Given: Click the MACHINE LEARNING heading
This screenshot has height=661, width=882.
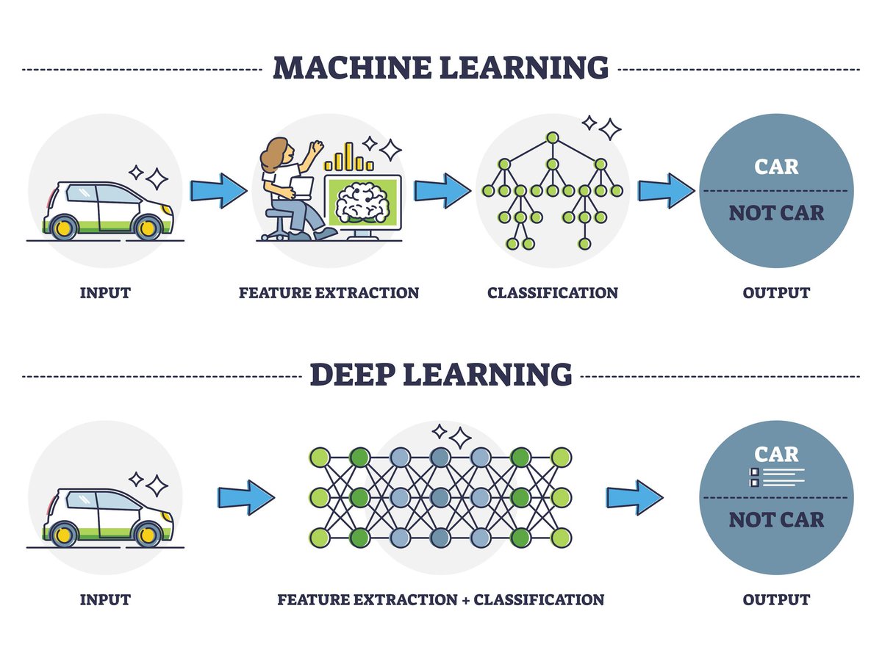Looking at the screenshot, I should pyautogui.click(x=440, y=67).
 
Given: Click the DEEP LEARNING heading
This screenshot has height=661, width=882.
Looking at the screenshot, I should pyautogui.click(x=440, y=374).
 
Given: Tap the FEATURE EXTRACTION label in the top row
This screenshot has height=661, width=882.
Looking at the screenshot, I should pyautogui.click(x=329, y=293).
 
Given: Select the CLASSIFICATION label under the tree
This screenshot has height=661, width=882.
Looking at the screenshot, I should pyautogui.click(x=552, y=293).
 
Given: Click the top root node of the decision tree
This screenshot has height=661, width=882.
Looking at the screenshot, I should pyautogui.click(x=552, y=137).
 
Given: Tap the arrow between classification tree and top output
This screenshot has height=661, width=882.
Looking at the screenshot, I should pyautogui.click(x=664, y=191).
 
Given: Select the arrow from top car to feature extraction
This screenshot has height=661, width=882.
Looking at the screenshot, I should pyautogui.click(x=218, y=191).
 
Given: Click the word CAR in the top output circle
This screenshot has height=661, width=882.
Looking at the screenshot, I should pyautogui.click(x=776, y=167).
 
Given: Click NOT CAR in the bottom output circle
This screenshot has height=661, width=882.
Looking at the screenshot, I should pyautogui.click(x=776, y=520).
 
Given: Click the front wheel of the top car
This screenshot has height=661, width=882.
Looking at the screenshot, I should pyautogui.click(x=148, y=227).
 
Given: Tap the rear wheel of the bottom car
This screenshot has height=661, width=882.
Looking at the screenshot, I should pyautogui.click(x=63, y=534).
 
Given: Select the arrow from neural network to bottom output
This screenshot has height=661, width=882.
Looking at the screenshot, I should pyautogui.click(x=633, y=497).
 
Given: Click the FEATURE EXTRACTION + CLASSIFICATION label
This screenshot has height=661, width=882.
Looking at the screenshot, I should pyautogui.click(x=440, y=600).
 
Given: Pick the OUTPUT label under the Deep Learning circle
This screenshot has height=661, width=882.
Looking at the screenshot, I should pyautogui.click(x=776, y=600).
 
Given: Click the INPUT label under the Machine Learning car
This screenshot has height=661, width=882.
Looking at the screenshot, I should pyautogui.click(x=105, y=293).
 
